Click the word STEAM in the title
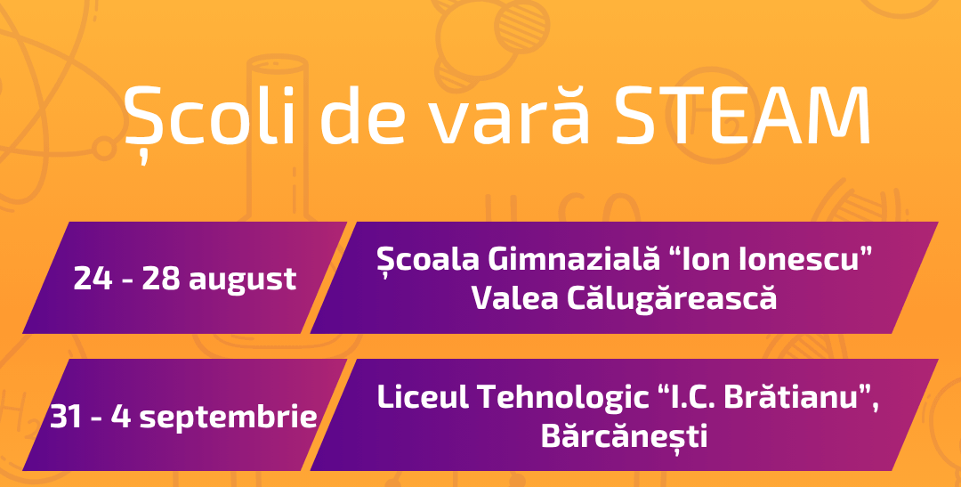point(743,116)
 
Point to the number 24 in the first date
point(93,279)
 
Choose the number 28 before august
point(160,279)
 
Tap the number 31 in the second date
point(66,417)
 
